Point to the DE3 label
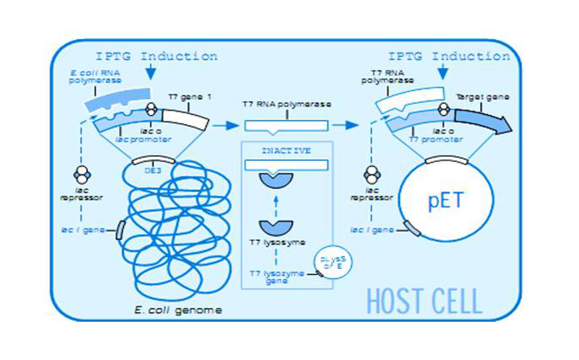[153, 169]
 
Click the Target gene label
[479, 98]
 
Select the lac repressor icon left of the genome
[83, 174]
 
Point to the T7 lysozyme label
[274, 242]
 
